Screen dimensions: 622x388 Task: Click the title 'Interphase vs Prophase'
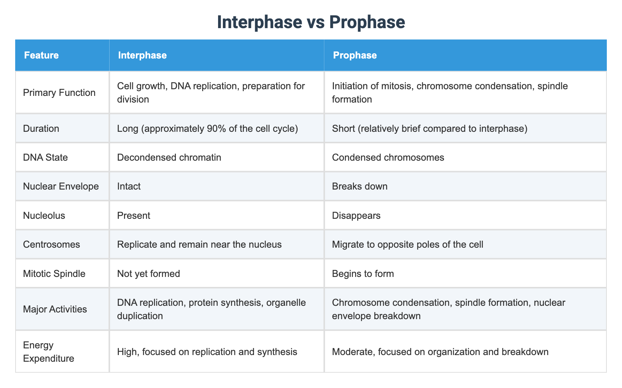click(x=311, y=22)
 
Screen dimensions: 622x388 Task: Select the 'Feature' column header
click(x=41, y=55)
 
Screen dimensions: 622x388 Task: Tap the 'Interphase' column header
click(x=142, y=55)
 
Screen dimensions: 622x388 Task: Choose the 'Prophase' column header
click(x=355, y=55)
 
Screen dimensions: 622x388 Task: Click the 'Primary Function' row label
click(x=59, y=93)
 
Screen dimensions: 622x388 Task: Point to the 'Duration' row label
click(x=41, y=128)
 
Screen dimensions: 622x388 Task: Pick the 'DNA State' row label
click(x=45, y=157)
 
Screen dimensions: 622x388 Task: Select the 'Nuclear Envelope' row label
click(x=61, y=186)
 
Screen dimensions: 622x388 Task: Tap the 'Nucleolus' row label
click(x=44, y=215)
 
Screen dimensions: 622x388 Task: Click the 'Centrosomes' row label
click(x=51, y=244)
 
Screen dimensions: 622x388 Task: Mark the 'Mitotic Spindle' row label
click(x=54, y=274)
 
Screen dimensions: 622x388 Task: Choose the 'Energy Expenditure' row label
click(x=49, y=352)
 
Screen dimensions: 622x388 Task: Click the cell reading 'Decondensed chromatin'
click(x=169, y=157)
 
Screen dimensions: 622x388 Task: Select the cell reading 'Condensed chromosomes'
click(x=388, y=157)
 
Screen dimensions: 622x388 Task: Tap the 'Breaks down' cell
click(x=360, y=186)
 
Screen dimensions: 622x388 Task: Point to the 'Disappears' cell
click(x=356, y=215)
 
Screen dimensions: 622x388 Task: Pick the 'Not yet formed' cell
click(x=148, y=274)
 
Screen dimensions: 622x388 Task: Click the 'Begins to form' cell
click(x=363, y=274)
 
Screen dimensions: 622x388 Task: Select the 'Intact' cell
click(x=129, y=186)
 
